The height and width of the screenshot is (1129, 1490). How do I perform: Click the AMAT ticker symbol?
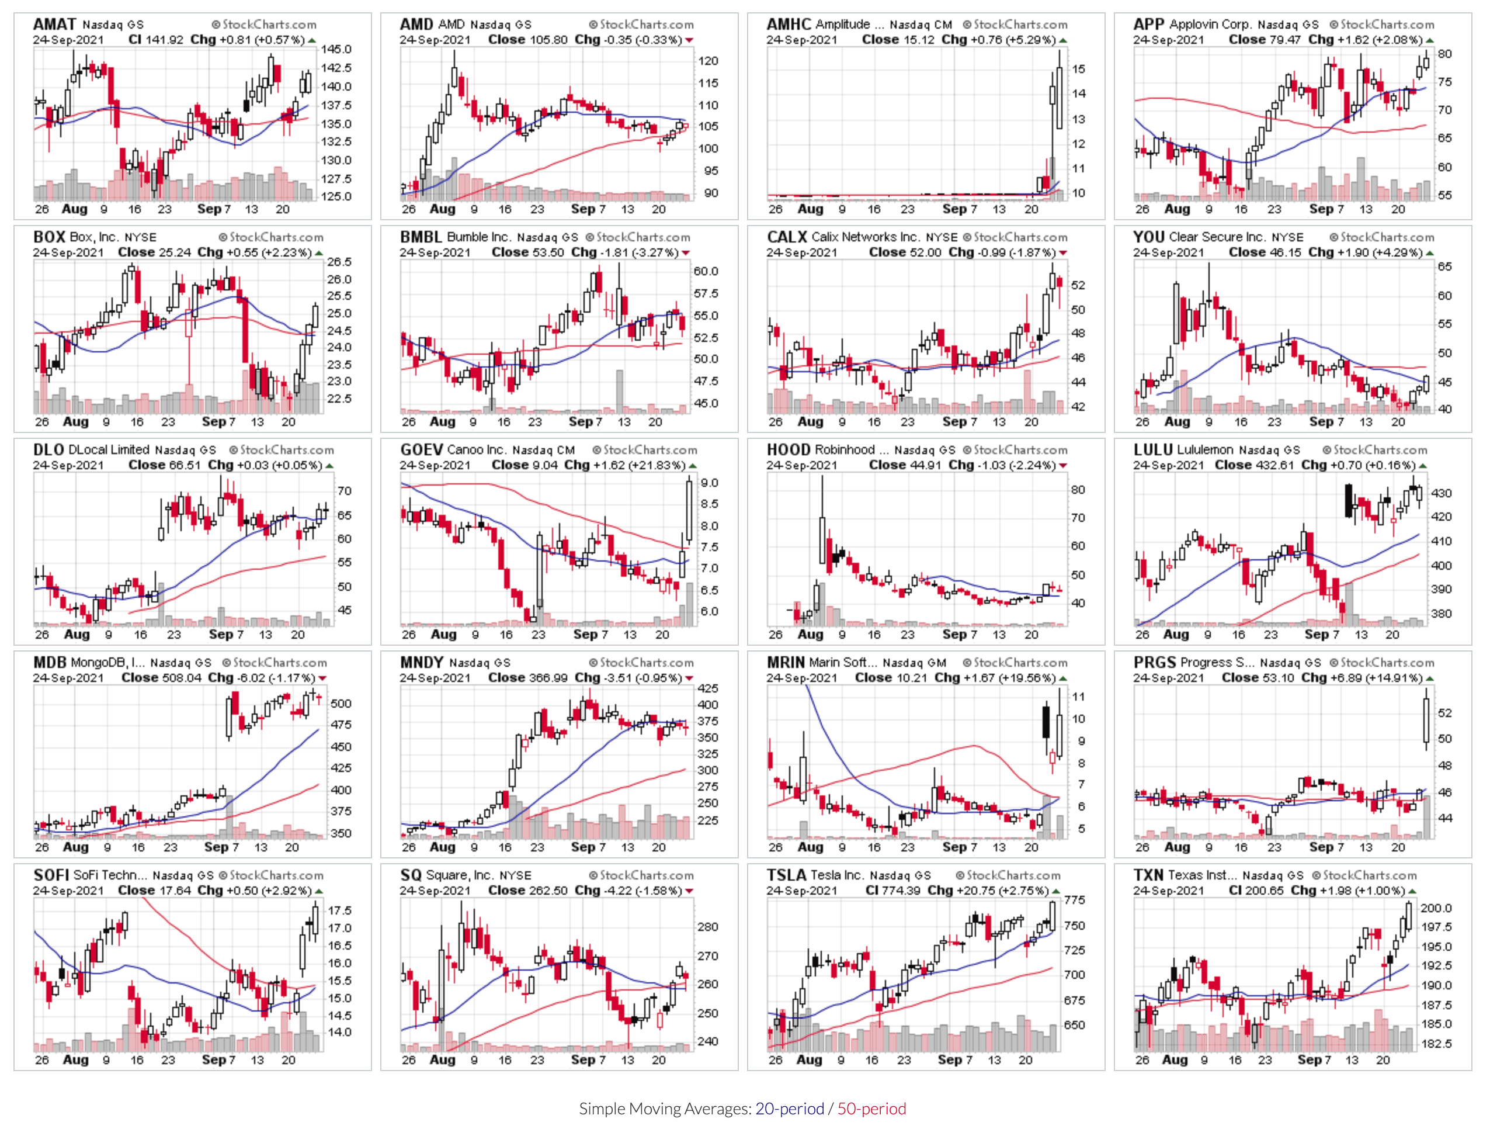coord(54,25)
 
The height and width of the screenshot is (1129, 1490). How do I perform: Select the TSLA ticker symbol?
coord(786,875)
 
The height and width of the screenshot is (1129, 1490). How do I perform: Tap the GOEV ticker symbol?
coord(421,450)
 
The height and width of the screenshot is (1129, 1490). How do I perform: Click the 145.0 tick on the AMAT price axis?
coord(335,49)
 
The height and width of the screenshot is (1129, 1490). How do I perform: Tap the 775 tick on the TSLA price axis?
coord(1074,900)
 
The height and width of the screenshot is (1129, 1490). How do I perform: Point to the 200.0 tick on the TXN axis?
coord(1436,908)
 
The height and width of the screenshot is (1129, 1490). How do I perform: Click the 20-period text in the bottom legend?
coord(790,1109)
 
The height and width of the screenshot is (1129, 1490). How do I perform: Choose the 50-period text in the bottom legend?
coord(871,1109)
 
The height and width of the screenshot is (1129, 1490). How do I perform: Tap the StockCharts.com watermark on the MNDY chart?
coord(641,663)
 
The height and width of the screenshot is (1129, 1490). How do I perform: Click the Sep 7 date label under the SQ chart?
coord(583,1059)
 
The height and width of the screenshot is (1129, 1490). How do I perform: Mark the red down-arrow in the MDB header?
coord(322,679)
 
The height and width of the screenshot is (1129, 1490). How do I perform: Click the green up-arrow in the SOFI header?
coord(318,891)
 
